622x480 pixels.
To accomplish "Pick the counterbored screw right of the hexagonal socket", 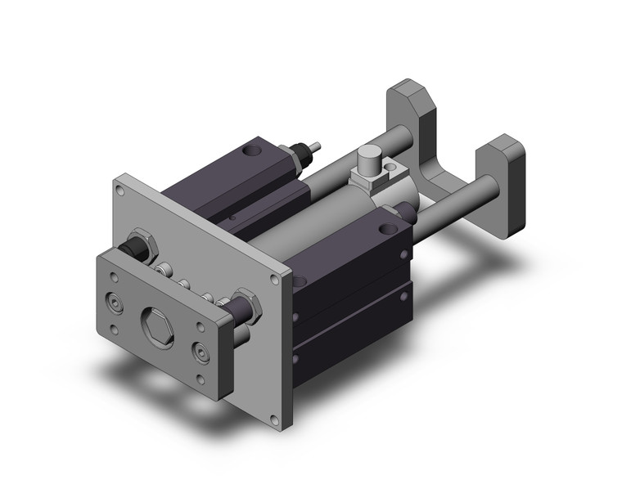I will tap(200, 352).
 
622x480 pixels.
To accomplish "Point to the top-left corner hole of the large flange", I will tap(120, 189).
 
